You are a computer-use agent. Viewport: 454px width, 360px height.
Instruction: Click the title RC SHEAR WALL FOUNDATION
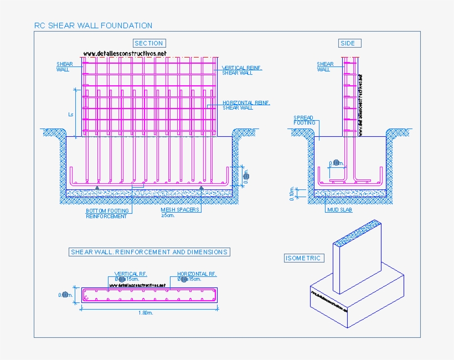point(93,25)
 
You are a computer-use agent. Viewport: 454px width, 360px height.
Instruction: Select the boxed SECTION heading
point(149,43)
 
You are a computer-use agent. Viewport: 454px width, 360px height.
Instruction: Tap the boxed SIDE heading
point(348,43)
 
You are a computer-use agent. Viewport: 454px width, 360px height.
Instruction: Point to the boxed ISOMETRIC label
point(303,258)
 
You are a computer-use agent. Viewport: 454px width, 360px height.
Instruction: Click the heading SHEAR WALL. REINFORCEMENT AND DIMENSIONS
point(149,252)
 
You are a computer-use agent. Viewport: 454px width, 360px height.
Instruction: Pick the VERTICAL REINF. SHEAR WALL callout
point(242,70)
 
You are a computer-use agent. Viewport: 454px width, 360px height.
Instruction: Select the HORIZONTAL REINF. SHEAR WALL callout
point(246,105)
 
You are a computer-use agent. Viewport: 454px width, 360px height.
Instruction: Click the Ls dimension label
point(70,115)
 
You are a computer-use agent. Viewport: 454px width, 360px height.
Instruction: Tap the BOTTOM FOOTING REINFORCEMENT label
point(107,213)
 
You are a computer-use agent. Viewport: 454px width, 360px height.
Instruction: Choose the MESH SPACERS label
point(180,210)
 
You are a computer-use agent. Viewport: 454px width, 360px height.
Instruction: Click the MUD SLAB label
point(339,210)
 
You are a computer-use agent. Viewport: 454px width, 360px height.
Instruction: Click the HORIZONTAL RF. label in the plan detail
point(197,274)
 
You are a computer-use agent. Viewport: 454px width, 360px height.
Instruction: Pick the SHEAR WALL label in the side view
point(325,67)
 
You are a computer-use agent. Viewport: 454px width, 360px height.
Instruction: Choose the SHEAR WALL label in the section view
point(65,67)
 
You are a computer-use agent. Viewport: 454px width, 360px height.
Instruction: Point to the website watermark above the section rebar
point(125,54)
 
